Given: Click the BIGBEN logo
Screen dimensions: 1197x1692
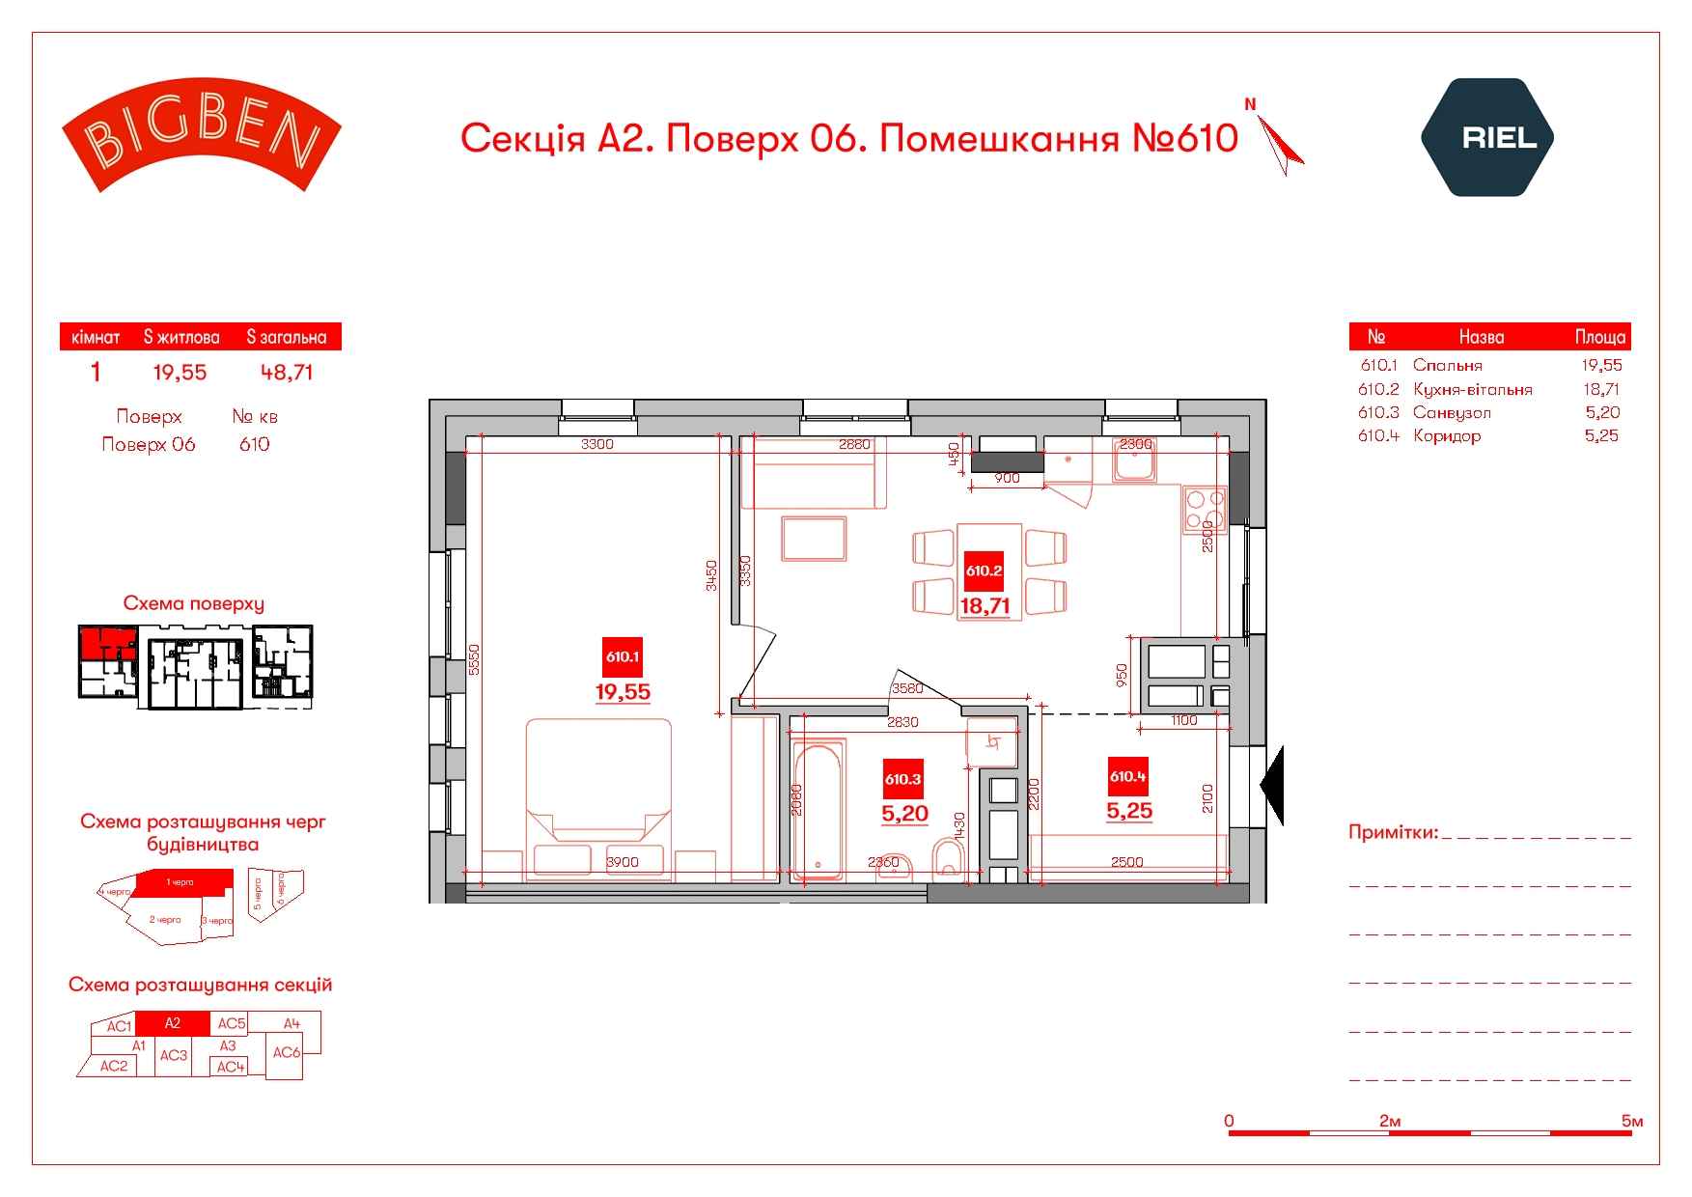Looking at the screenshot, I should [x=201, y=135].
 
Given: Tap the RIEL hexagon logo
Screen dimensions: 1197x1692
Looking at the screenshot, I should [x=1486, y=137].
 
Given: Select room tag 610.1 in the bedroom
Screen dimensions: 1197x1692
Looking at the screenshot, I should [x=623, y=656].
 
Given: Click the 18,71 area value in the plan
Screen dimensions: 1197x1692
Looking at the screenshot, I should [x=985, y=606].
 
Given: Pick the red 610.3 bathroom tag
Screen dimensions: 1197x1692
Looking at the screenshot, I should [x=903, y=779].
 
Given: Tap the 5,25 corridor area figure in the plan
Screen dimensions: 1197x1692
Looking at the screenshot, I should [x=1129, y=811].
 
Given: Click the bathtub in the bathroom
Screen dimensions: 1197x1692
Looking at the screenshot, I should [x=817, y=811].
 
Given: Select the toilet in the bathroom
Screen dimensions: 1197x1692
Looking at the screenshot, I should [x=950, y=858].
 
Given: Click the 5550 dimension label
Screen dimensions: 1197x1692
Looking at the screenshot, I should [x=473, y=659].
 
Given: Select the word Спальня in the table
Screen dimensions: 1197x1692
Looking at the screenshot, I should [x=1447, y=365].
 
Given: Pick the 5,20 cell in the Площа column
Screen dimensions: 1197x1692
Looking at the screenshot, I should [x=1602, y=412].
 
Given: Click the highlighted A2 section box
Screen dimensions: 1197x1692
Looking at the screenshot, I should [x=172, y=1023].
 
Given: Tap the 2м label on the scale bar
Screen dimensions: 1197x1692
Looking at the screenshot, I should [x=1390, y=1121].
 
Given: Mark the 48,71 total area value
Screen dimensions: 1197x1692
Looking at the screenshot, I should [x=287, y=373].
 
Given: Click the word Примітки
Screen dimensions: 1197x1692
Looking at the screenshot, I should [x=1393, y=832].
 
